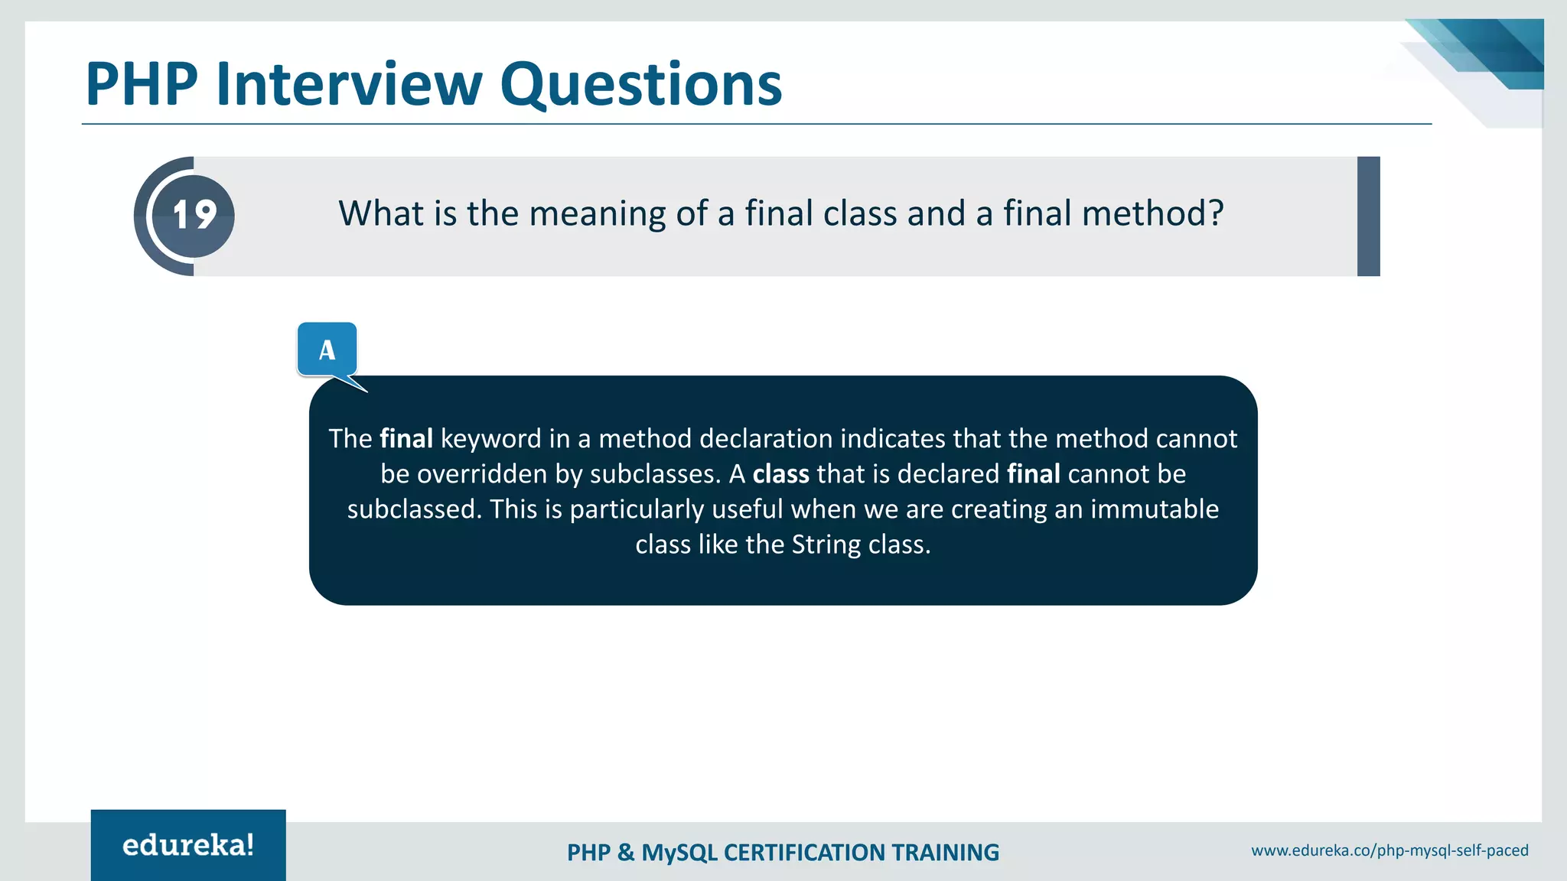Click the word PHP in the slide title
(142, 83)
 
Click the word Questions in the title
(640, 83)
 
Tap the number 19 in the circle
(194, 215)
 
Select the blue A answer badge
(327, 349)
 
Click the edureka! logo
(188, 845)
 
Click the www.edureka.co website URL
(1389, 850)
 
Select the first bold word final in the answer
(406, 438)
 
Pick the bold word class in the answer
(780, 474)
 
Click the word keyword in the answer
(490, 438)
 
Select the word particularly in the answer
(637, 509)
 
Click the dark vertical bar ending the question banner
(1368, 216)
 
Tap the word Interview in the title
(349, 83)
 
